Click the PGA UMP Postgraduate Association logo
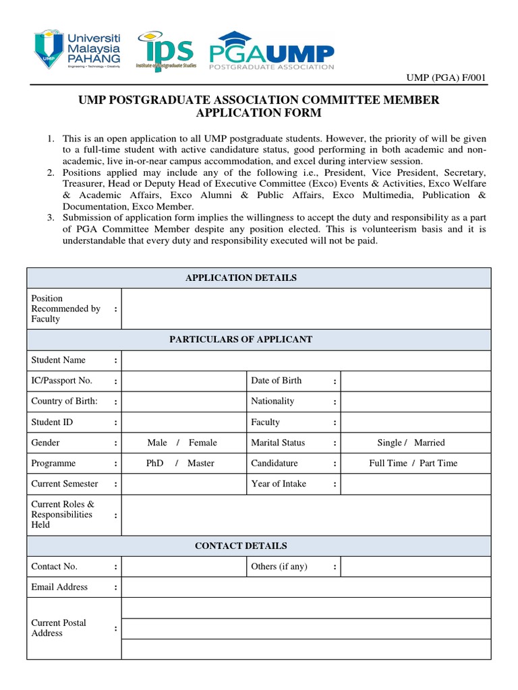tap(271, 50)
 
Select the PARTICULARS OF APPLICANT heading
tap(240, 339)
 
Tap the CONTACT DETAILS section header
tap(241, 546)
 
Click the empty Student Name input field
tap(306, 360)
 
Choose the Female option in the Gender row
tap(203, 443)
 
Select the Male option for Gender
tap(157, 443)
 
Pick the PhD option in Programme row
tap(155, 464)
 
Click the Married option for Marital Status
tap(430, 443)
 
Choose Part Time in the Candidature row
tap(438, 464)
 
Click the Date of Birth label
tap(277, 381)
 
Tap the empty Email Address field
tap(306, 587)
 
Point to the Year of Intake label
tap(279, 484)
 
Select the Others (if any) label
tap(279, 567)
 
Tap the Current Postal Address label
tap(59, 628)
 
